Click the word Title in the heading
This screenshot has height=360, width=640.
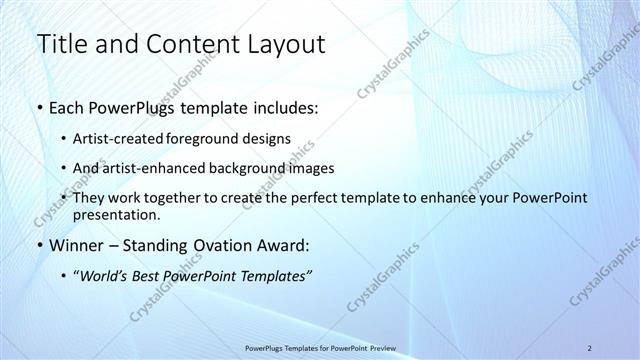(x=62, y=44)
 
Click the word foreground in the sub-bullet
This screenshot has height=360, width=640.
(x=217, y=139)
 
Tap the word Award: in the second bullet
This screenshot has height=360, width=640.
(x=282, y=245)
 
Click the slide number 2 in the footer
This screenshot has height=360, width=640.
(x=590, y=348)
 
